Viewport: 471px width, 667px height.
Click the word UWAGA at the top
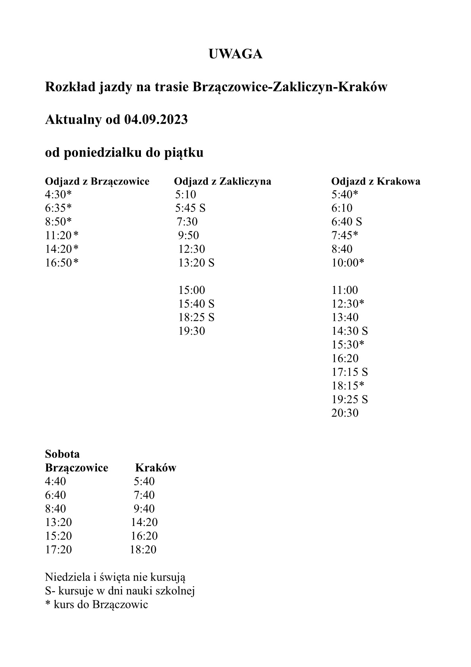(235, 54)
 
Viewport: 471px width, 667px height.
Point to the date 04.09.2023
(156, 119)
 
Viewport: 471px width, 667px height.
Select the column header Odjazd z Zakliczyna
(222, 181)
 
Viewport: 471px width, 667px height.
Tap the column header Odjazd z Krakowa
(376, 181)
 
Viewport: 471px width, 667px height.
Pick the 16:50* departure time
(62, 263)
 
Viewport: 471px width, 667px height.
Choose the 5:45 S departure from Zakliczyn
(190, 208)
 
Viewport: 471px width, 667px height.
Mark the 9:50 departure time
(188, 236)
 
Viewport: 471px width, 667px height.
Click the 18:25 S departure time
(196, 318)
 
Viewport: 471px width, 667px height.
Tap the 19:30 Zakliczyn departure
(192, 331)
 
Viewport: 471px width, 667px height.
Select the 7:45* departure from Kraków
(345, 236)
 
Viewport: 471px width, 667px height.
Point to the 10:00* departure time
(348, 263)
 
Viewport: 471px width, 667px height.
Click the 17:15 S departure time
(349, 372)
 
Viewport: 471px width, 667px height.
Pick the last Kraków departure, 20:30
(345, 413)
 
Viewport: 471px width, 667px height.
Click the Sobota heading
(62, 454)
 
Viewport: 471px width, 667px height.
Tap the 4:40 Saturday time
(55, 482)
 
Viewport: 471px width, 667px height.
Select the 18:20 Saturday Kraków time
(143, 550)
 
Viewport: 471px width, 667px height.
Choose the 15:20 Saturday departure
(59, 536)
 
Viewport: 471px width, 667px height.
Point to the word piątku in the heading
(184, 153)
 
